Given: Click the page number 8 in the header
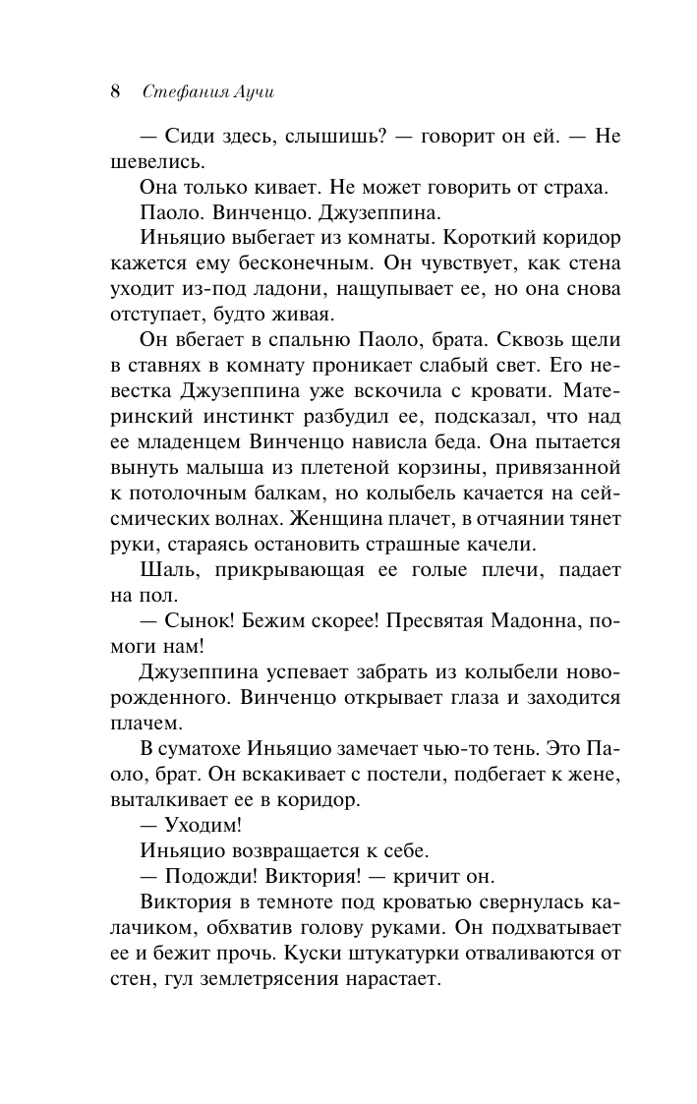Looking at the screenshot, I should tap(115, 92).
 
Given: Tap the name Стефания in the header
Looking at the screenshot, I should tap(182, 92).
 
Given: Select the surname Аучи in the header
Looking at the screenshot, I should tap(250, 92).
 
